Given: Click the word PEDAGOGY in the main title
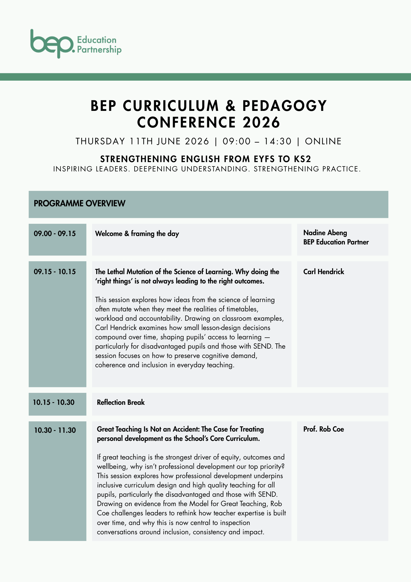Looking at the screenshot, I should (x=285, y=106).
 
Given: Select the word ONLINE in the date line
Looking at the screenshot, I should (x=323, y=141).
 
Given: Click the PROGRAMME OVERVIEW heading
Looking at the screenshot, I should (x=80, y=203).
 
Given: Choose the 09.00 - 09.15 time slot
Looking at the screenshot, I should (x=55, y=234).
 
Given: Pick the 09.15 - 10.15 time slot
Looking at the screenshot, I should (x=55, y=272).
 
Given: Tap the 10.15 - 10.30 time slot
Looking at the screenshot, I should (x=54, y=402).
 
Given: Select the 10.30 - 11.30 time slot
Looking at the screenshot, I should (x=55, y=430).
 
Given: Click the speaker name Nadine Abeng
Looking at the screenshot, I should (x=325, y=233).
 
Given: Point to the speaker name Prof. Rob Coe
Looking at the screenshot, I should (x=324, y=429).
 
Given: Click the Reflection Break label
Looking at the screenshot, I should (x=121, y=402).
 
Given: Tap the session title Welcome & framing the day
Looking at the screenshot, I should (x=137, y=234).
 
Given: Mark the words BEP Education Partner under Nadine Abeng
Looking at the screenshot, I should (x=336, y=242).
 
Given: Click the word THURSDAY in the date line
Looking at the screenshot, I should (x=100, y=141).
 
